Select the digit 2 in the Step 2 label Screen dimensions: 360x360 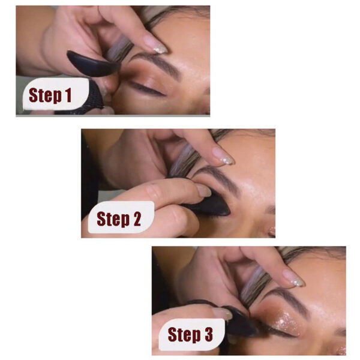click(x=135, y=220)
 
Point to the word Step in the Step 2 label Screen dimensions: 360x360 click(x=112, y=220)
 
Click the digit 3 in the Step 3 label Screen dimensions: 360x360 click(x=208, y=334)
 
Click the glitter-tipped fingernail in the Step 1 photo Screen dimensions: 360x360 click(x=155, y=43)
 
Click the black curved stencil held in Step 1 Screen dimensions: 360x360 click(x=90, y=63)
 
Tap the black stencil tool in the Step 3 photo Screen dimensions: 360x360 click(x=240, y=324)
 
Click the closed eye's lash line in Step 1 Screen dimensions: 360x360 click(x=147, y=90)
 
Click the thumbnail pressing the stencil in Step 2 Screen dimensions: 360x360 click(x=203, y=190)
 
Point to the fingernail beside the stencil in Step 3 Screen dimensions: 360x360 click(x=222, y=313)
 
